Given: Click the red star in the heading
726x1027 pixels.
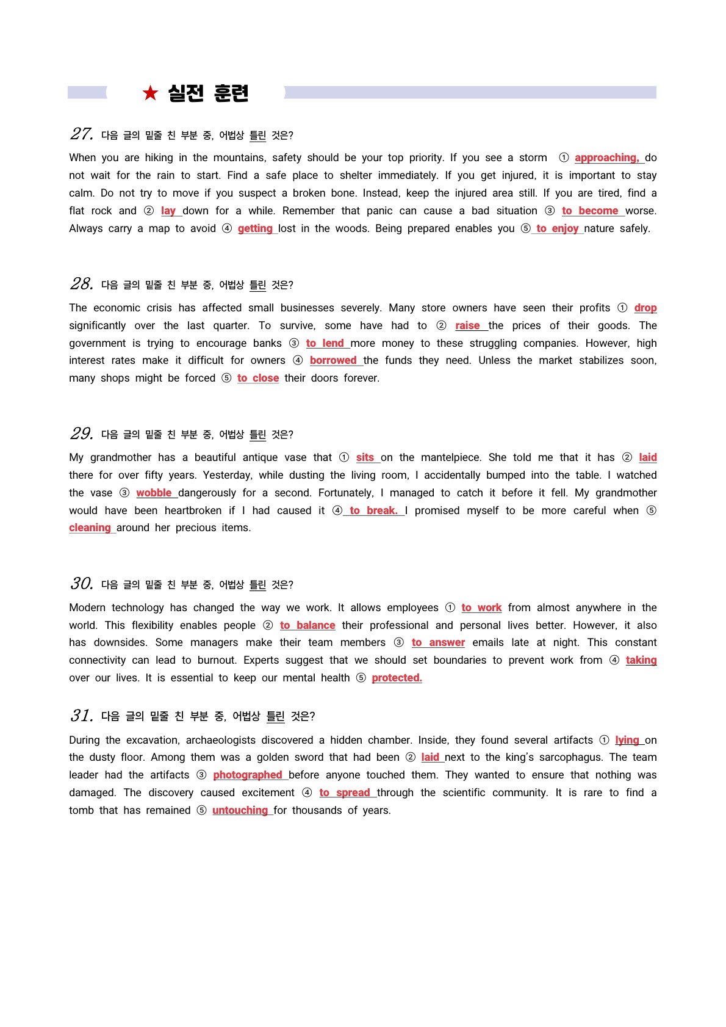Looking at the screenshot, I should [x=150, y=93].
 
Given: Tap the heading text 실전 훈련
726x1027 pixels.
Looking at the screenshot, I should [x=208, y=93].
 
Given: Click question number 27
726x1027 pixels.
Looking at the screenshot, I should [x=82, y=134].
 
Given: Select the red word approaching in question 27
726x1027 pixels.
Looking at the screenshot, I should [x=606, y=158].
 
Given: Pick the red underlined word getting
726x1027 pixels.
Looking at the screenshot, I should [x=255, y=228].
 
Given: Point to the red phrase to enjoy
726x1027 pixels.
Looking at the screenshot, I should [x=557, y=228].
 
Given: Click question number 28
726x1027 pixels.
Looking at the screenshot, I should [x=82, y=284].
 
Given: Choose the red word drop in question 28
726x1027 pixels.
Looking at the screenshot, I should [x=645, y=308].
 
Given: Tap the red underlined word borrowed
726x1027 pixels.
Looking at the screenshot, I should [x=333, y=360].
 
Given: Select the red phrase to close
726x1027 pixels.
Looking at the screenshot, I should [x=258, y=378].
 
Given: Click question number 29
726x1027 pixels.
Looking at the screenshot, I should [x=82, y=434].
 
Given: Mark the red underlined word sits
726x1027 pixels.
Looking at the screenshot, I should [x=365, y=457].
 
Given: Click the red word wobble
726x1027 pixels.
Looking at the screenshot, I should [x=154, y=493].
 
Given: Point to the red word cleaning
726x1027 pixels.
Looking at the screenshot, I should [x=90, y=528].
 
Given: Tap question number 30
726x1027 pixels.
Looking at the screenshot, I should [x=82, y=584].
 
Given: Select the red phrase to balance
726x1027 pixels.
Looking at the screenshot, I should [x=307, y=625].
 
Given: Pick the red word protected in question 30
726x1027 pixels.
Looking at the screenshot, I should [x=397, y=678].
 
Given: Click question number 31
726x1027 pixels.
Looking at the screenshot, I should [x=82, y=716].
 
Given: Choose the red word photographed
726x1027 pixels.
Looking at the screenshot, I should [x=247, y=775].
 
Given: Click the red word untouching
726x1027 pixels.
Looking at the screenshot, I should [x=240, y=810].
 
